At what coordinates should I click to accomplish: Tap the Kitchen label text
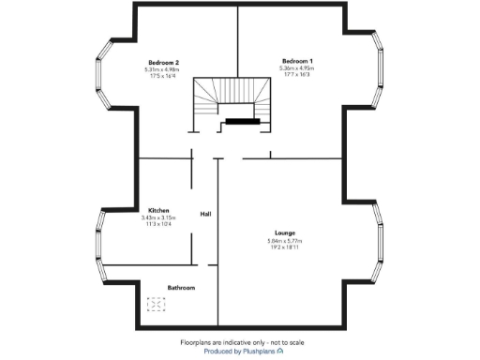tap(157, 210)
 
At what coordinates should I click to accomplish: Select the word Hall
tap(205, 215)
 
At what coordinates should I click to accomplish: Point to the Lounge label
tap(285, 232)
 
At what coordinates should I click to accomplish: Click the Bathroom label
tap(181, 287)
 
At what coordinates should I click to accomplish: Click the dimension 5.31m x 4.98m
tap(162, 69)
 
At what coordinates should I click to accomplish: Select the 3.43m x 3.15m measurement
tap(157, 217)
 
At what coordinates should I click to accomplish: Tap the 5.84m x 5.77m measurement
tap(285, 240)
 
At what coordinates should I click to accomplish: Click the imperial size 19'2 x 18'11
tap(285, 247)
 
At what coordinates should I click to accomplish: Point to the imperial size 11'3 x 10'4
tap(157, 224)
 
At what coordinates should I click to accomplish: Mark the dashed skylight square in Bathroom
tap(156, 304)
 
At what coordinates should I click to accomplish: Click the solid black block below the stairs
tap(240, 121)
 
